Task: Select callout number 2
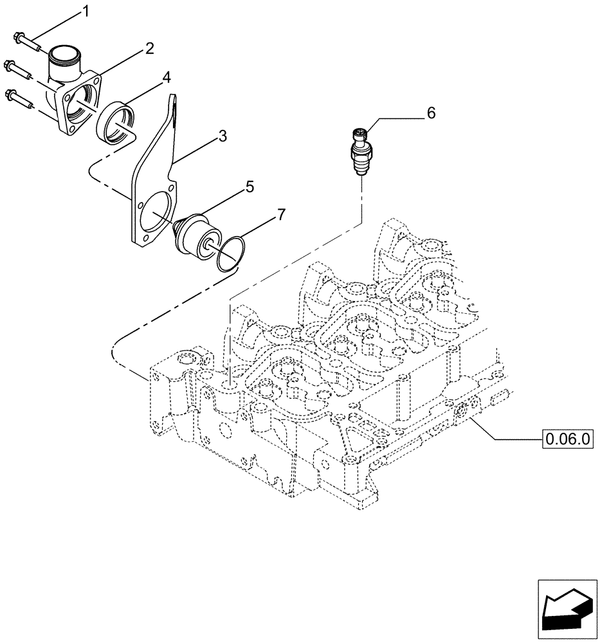149,48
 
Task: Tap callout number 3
222,136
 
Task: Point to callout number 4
166,78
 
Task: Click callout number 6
431,113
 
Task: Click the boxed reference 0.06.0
568,440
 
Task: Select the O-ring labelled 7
229,255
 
